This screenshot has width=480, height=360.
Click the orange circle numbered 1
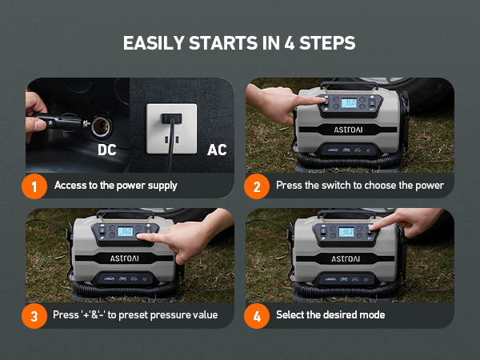[x=34, y=186]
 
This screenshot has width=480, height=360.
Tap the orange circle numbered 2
[x=257, y=186]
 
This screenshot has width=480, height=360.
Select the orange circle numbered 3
[x=34, y=316]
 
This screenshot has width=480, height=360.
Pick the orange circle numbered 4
[x=257, y=316]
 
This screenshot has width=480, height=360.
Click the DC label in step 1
[x=107, y=150]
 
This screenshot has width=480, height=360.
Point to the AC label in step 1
[x=217, y=150]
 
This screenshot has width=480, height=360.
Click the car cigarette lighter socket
[x=101, y=126]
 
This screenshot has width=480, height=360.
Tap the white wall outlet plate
[x=171, y=129]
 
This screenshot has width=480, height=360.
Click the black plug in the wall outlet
[x=171, y=118]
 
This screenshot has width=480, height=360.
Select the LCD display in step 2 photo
[x=349, y=103]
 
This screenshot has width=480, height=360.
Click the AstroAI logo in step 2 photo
[x=348, y=130]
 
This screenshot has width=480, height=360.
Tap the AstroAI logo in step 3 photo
[x=124, y=258]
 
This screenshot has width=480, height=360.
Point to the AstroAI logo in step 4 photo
[x=346, y=259]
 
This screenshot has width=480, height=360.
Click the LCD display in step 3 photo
[x=126, y=231]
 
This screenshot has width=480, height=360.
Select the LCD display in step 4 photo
[x=346, y=232]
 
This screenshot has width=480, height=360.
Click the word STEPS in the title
[x=327, y=43]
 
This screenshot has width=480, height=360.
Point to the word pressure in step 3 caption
[x=169, y=315]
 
